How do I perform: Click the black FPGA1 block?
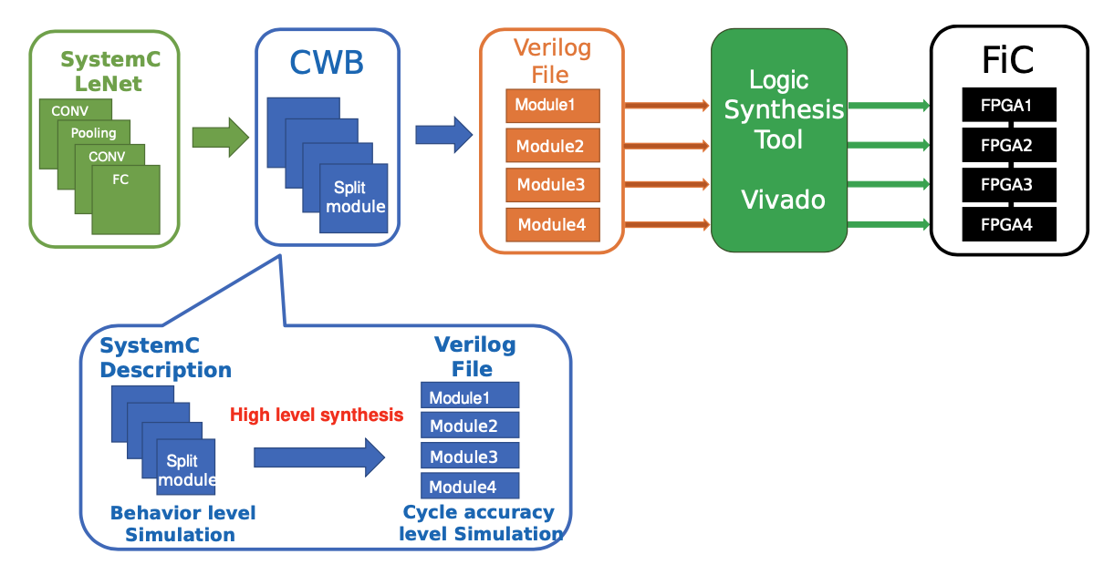tap(1008, 105)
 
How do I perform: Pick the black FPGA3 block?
tap(1008, 185)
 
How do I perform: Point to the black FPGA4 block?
tap(1008, 224)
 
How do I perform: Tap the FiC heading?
tap(1008, 60)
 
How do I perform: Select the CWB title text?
tap(327, 62)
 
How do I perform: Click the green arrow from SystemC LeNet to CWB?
tap(220, 138)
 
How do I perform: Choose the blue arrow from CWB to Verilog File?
tap(443, 136)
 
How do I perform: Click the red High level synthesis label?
tap(316, 416)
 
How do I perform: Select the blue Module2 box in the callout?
tap(470, 425)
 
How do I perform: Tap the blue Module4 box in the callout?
tap(470, 486)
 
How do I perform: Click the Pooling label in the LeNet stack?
tap(94, 133)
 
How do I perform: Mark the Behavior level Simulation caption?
tap(182, 524)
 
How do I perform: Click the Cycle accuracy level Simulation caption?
tap(481, 524)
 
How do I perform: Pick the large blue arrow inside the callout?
tap(319, 457)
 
